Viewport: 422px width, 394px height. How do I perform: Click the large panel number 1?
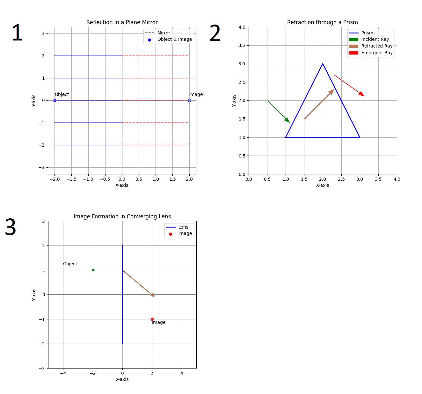click(x=17, y=33)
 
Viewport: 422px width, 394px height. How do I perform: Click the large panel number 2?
click(x=215, y=33)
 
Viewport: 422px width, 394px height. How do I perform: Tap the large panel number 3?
click(x=11, y=228)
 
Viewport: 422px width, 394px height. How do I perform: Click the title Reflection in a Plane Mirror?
click(x=122, y=22)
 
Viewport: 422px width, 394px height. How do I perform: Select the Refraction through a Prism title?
click(x=322, y=22)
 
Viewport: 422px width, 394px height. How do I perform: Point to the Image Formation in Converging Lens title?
click(x=122, y=216)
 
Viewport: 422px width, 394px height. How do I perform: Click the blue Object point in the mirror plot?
click(x=55, y=100)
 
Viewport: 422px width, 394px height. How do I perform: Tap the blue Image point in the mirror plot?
click(x=189, y=100)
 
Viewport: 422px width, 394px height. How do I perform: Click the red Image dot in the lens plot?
click(x=152, y=319)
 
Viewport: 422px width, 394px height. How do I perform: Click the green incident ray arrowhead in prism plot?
click(x=287, y=120)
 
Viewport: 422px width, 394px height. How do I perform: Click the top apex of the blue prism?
click(x=323, y=64)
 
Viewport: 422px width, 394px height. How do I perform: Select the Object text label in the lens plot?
click(x=70, y=264)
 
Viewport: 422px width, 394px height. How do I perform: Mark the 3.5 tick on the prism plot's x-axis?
click(x=378, y=179)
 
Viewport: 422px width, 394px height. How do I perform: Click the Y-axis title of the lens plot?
click(x=34, y=295)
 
